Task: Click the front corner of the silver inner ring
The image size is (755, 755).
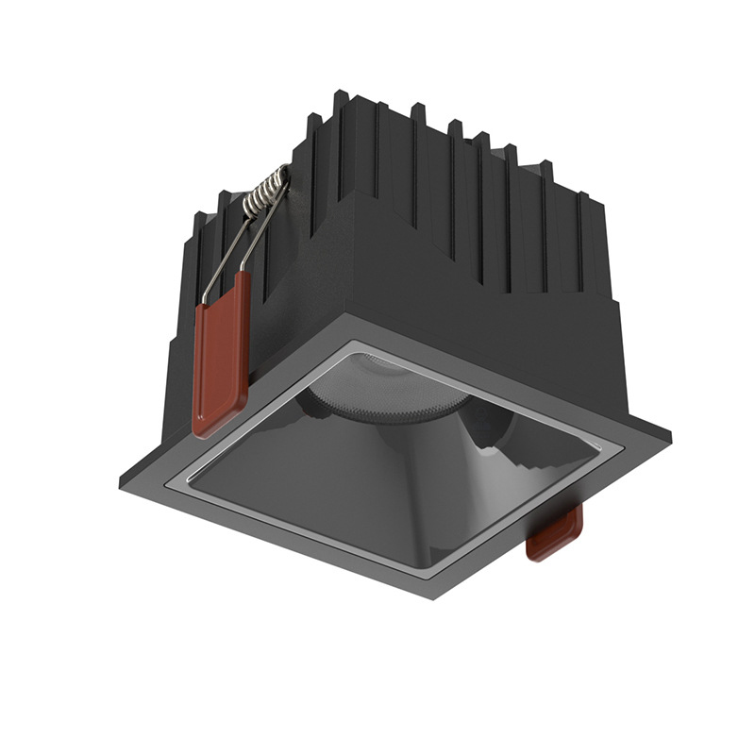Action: point(433,571)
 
